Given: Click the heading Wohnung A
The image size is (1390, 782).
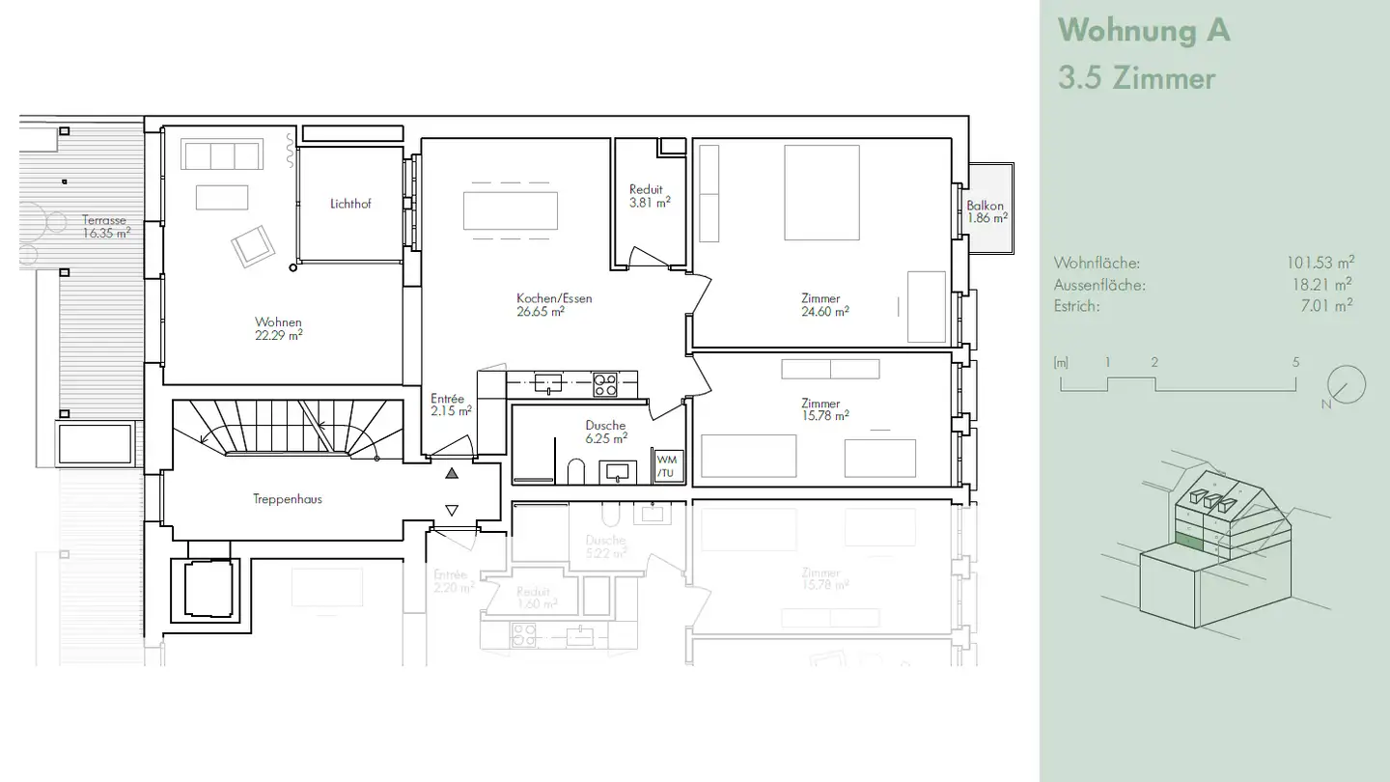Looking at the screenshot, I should pos(1144,30).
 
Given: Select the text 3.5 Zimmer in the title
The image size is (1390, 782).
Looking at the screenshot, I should pos(1136,78).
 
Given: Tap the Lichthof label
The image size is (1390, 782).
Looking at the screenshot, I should pos(350,204).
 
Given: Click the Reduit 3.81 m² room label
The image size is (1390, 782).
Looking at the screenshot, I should pos(649,196).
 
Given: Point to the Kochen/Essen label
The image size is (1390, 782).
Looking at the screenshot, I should pos(554,298).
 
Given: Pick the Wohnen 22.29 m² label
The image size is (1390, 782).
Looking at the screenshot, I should pos(278,328).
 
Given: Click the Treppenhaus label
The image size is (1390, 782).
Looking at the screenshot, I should pos(288,499).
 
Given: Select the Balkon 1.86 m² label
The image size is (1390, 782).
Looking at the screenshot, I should pos(987,211).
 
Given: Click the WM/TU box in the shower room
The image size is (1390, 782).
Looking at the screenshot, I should pos(667,465).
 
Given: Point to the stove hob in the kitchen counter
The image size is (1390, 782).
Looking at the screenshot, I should pos(605,384).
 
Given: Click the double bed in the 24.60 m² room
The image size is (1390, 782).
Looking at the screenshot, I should pos(821,192).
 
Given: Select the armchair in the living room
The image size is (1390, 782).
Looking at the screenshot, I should pos(253,246).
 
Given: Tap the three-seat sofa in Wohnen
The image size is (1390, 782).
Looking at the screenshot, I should pos(222,155).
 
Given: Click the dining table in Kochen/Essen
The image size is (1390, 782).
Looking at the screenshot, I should pos(511,210).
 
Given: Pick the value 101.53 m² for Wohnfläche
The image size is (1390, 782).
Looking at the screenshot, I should pos(1319,263).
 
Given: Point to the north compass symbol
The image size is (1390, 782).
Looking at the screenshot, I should pos(1346,385).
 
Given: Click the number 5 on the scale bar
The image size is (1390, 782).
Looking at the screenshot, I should pos(1295,363).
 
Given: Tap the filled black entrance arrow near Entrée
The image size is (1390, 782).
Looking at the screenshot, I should pos(452,473).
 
